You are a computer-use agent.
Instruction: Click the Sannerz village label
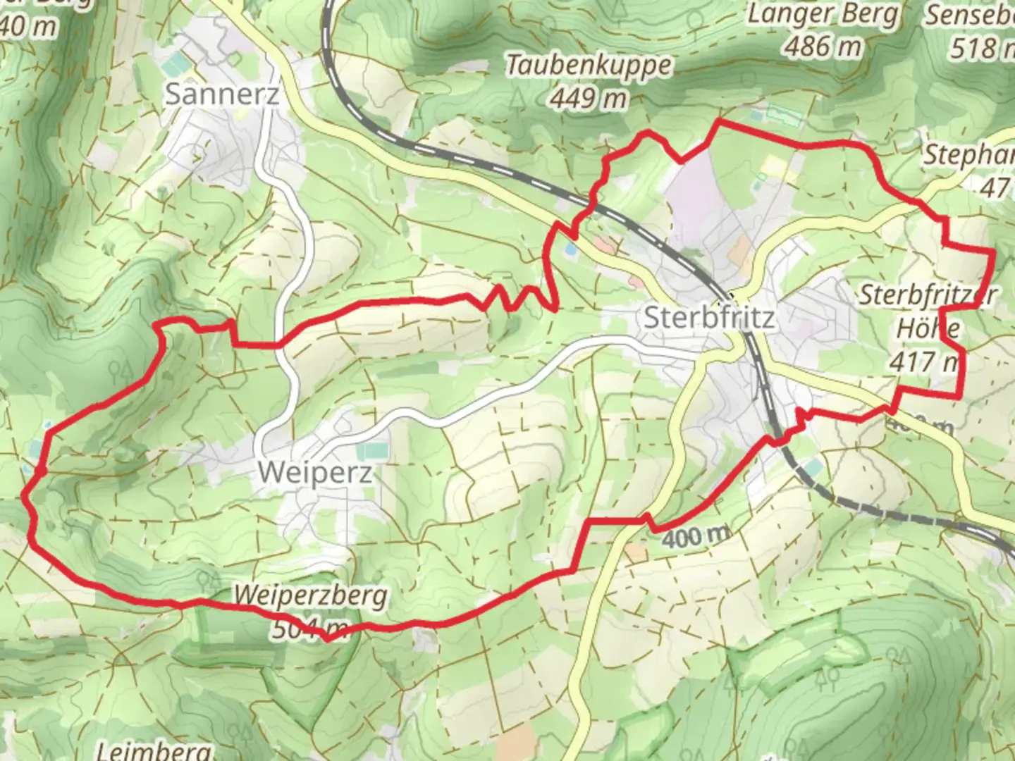point(221,94)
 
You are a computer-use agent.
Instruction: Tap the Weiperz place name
point(314,472)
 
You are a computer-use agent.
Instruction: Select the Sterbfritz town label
point(709,318)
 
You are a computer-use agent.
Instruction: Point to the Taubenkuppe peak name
point(589,66)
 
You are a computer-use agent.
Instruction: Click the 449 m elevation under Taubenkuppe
point(589,98)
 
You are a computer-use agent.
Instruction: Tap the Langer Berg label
point(823,14)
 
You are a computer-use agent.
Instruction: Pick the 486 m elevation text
point(823,47)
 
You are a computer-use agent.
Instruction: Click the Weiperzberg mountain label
point(310,595)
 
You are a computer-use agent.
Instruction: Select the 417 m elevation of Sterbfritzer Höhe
point(923,361)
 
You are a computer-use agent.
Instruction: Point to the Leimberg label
point(152,750)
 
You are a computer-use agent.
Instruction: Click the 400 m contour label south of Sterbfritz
point(696,538)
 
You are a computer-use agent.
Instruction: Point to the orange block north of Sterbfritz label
point(740,249)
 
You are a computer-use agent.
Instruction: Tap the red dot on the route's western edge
point(42,470)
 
